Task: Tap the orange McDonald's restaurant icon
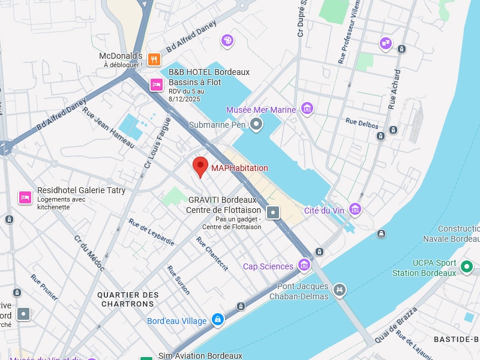[154, 59]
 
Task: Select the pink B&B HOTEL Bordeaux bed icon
[156, 85]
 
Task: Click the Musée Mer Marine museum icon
[307, 109]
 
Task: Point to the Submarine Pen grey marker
[257, 125]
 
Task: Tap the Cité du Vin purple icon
[355, 209]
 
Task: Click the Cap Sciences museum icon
[304, 265]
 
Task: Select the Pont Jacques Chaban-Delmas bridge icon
[340, 290]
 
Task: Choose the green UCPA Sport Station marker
[467, 266]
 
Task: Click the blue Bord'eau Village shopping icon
[218, 320]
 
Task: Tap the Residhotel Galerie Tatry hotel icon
[25, 197]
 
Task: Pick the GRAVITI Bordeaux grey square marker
[273, 212]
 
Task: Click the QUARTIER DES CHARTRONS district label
[128, 299]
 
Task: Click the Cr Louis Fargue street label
[157, 143]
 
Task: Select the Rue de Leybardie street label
[151, 232]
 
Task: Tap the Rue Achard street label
[394, 89]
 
